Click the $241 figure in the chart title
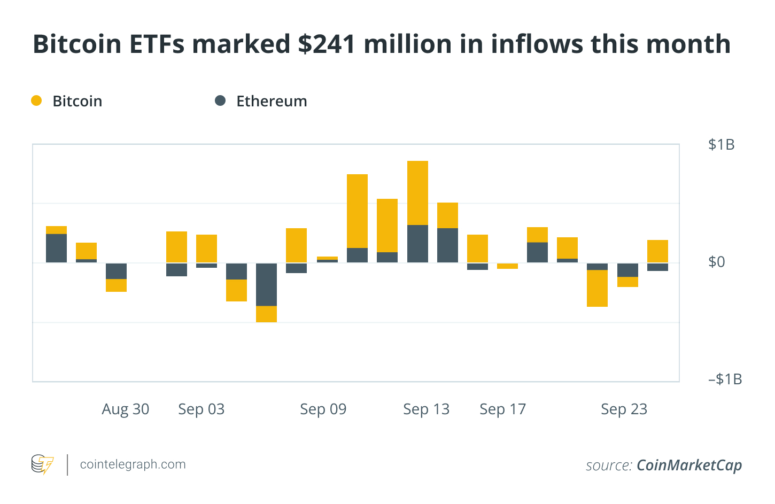tap(327, 44)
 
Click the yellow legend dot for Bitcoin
tap(36, 100)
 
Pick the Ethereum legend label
tap(272, 101)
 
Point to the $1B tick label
tap(721, 144)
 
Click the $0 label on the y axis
tap(716, 262)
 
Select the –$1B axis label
tap(725, 379)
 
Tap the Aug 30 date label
tap(126, 409)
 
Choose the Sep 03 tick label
tap(201, 409)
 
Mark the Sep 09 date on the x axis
tap(323, 409)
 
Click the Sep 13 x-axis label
tap(427, 409)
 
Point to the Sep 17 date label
tap(503, 409)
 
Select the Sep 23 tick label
tap(624, 409)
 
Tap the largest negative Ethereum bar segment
tap(266, 284)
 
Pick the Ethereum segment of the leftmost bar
tap(56, 248)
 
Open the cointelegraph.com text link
tap(133, 464)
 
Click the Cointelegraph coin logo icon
tap(42, 464)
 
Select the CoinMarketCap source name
tap(689, 466)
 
